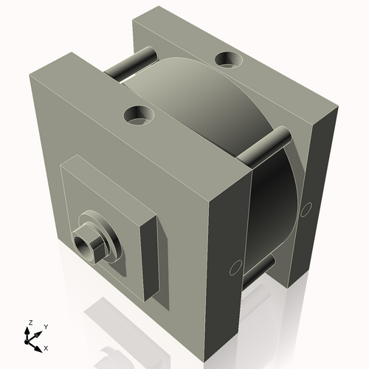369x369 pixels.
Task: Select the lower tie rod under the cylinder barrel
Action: [x=258, y=270]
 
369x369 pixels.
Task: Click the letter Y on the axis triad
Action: [x=45, y=326]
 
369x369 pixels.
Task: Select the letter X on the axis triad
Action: [x=46, y=347]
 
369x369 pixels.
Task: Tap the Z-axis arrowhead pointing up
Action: [x=30, y=331]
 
